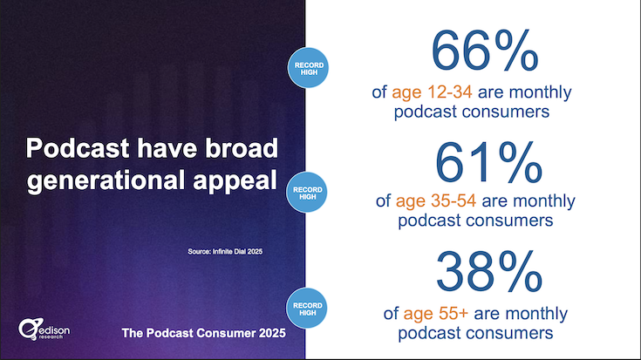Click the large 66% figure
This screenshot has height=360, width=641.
[x=485, y=51]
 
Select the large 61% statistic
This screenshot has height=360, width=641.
[x=488, y=162]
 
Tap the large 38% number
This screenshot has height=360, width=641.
[x=489, y=272]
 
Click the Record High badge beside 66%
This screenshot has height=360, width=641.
[x=308, y=68]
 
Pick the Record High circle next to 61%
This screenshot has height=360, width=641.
[x=307, y=193]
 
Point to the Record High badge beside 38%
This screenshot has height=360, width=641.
[x=307, y=309]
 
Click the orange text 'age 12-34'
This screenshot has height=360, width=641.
[x=432, y=92]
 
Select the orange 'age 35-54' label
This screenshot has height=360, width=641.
[x=436, y=201]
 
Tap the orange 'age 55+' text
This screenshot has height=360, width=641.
[x=435, y=314]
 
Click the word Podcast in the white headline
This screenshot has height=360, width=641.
[x=78, y=148]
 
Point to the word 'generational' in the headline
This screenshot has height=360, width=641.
[x=106, y=180]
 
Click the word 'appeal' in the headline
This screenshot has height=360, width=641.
[x=235, y=181]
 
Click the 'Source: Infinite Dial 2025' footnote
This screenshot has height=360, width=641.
[x=225, y=251]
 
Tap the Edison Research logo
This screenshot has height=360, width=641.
[x=44, y=329]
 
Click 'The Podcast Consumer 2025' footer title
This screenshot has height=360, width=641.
[x=203, y=333]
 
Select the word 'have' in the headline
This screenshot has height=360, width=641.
[x=167, y=148]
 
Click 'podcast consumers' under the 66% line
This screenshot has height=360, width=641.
[x=471, y=112]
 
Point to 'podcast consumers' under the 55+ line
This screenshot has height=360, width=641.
[x=475, y=333]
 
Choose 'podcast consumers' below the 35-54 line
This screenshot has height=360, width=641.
[x=475, y=221]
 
